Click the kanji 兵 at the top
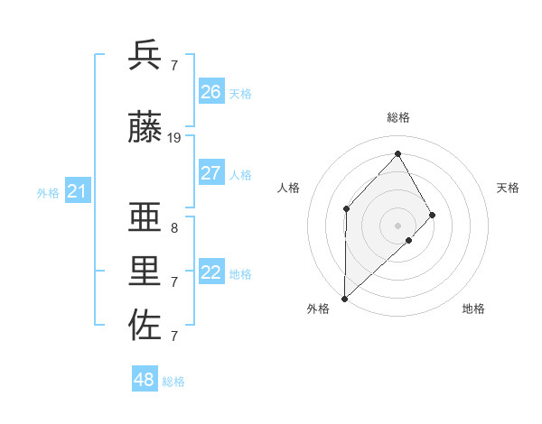[x=145, y=55]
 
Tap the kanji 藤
[x=145, y=129]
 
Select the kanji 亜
[x=145, y=217]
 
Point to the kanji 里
[x=145, y=272]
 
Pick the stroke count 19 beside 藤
[x=174, y=138]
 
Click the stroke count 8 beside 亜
[x=174, y=228]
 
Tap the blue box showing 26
[x=210, y=92]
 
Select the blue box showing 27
[x=210, y=173]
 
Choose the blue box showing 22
[x=210, y=272]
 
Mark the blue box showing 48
[x=145, y=380]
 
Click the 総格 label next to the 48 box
[x=173, y=382]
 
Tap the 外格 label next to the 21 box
[x=48, y=193]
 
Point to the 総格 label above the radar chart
[x=397, y=118]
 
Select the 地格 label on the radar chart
[x=473, y=309]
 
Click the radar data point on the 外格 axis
[x=344, y=298]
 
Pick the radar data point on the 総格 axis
[x=397, y=153]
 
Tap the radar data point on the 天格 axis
[x=433, y=215]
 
